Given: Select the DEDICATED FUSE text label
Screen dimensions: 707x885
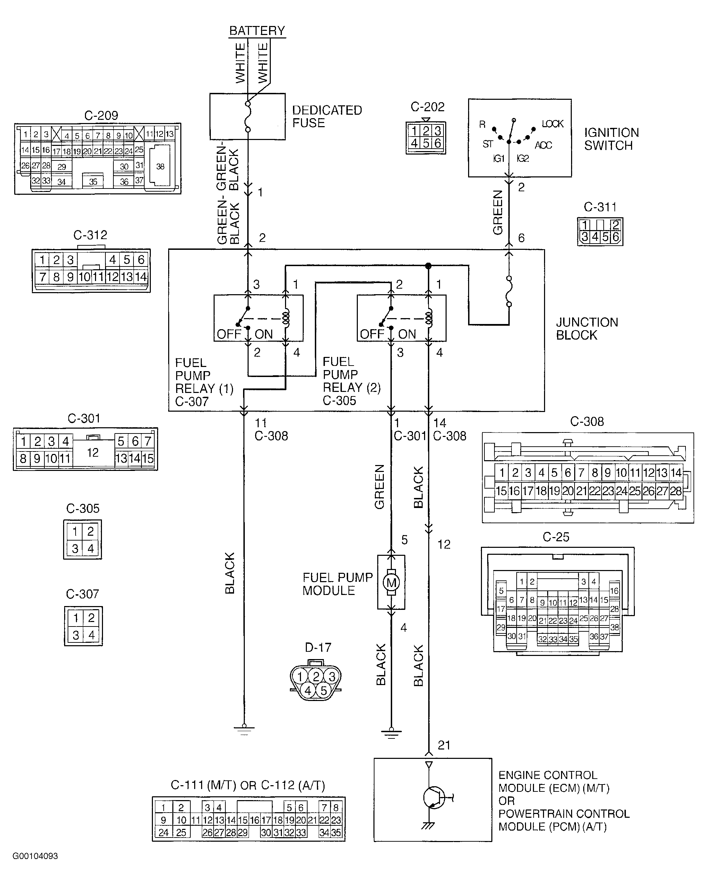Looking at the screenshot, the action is (327, 116).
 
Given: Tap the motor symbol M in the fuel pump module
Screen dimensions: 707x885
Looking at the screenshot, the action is (391, 582).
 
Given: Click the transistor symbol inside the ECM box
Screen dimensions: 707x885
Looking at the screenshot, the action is (434, 798).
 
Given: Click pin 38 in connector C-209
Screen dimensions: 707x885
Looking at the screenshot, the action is (160, 166).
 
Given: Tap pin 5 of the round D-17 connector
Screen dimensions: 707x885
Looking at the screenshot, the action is (324, 690).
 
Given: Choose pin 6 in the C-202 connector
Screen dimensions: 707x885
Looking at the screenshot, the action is (438, 143).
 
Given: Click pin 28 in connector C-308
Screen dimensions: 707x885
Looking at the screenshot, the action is (676, 491).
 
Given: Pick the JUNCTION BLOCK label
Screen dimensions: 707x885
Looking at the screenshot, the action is (587, 328).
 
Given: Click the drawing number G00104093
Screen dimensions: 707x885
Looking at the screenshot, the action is (35, 856).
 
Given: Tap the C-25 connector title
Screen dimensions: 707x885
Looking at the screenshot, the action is (556, 537).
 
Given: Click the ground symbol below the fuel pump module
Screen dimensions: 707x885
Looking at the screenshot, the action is (391, 733).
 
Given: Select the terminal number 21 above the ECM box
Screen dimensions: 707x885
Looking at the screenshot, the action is (444, 745).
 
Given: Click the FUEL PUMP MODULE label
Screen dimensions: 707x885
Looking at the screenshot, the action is (337, 584).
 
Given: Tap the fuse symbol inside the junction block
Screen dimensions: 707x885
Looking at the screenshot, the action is (509, 291).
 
